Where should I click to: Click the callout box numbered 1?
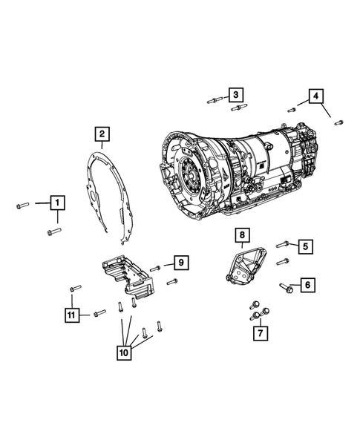pos(58,203)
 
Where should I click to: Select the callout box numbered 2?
pos(102,134)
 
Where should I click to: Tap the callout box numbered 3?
pos(236,95)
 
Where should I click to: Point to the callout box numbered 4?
pos(315,96)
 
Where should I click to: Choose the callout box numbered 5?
pos(305,246)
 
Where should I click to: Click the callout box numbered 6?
pos(308,285)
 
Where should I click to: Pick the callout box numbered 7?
pos(261,333)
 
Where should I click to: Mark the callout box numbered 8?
pos(242,235)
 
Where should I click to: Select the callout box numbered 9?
pos(181,263)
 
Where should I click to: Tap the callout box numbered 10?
pos(124,352)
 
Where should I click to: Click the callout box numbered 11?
pos(72,315)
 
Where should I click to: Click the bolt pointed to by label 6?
pos(287,288)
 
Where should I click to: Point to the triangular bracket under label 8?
pos(246,266)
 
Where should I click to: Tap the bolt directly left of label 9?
pos(155,269)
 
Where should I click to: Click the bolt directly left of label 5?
pos(282,244)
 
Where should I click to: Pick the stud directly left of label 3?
pos(215,99)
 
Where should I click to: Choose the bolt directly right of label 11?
pos(99,313)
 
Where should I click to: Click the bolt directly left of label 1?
pos(23,206)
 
